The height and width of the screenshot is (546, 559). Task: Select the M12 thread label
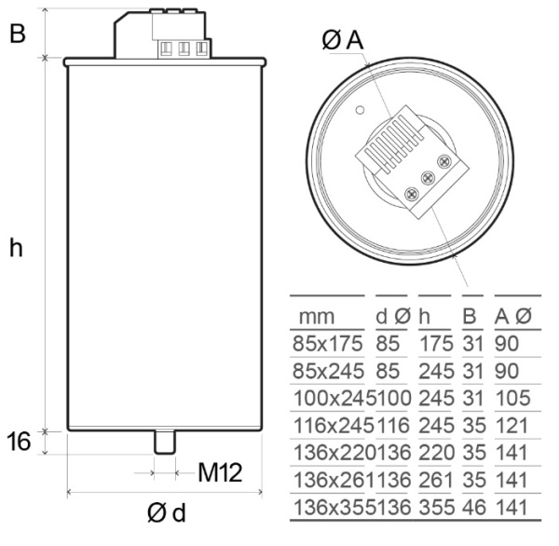coord(220,472)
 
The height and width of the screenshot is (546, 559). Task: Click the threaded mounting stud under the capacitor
coord(164,441)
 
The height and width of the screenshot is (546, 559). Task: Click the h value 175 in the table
coord(436,343)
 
